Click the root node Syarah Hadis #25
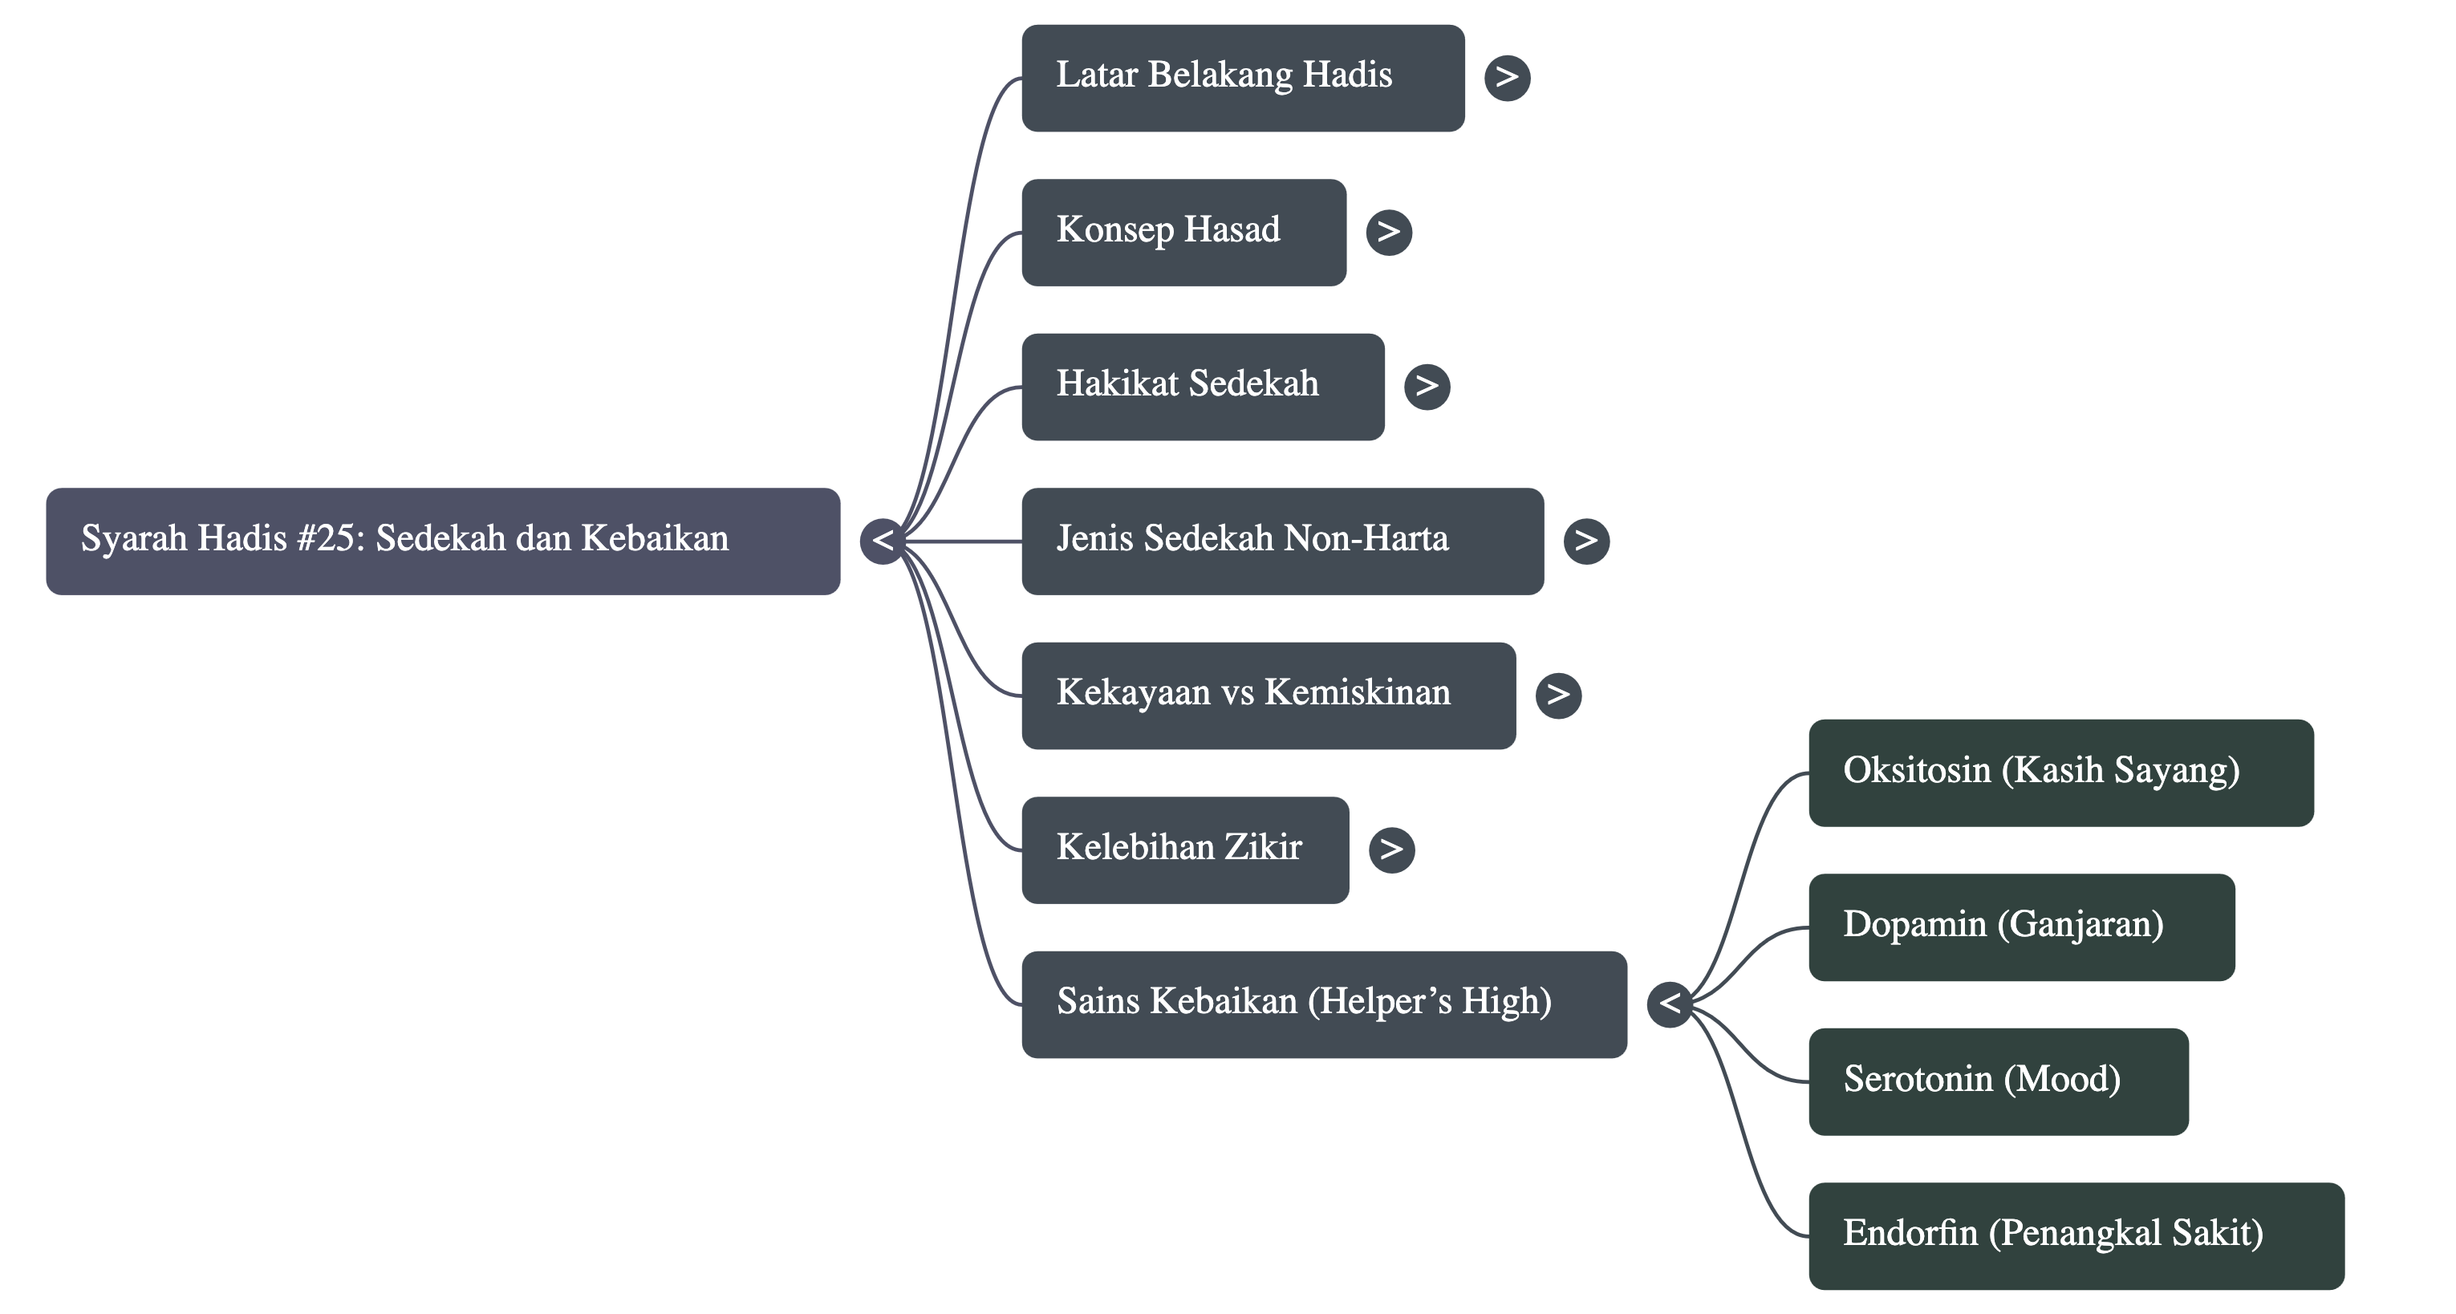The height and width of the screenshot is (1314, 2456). (x=442, y=541)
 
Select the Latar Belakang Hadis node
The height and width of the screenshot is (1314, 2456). (x=1242, y=77)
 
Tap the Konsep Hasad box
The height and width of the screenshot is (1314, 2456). (x=1183, y=232)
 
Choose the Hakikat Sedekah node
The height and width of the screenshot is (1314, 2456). (x=1202, y=386)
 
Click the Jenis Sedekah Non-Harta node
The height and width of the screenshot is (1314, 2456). (x=1281, y=541)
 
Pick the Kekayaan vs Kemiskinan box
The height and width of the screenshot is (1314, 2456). (x=1268, y=696)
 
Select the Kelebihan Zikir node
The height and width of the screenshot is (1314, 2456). (x=1184, y=850)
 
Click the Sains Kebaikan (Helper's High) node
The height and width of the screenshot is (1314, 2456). (x=1323, y=1004)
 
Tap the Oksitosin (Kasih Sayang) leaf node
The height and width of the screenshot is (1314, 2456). (x=2060, y=773)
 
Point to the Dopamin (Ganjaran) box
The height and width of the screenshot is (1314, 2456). (x=2021, y=927)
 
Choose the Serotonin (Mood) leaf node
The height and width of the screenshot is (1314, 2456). (x=1999, y=1081)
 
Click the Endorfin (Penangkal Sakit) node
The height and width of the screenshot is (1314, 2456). (x=2076, y=1236)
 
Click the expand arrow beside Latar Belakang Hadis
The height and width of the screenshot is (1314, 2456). (x=1506, y=77)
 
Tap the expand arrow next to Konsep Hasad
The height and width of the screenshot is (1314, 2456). (x=1388, y=232)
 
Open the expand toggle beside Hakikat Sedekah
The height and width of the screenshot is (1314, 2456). (x=1427, y=386)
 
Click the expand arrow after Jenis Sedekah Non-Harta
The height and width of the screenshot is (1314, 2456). (x=1585, y=541)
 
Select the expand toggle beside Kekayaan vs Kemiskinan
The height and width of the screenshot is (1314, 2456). (x=1558, y=696)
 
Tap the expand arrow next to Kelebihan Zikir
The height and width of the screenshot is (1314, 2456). (x=1391, y=850)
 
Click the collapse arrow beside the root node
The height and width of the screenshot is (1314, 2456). (x=882, y=541)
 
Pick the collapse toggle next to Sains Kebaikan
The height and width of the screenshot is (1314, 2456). (x=1670, y=1004)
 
